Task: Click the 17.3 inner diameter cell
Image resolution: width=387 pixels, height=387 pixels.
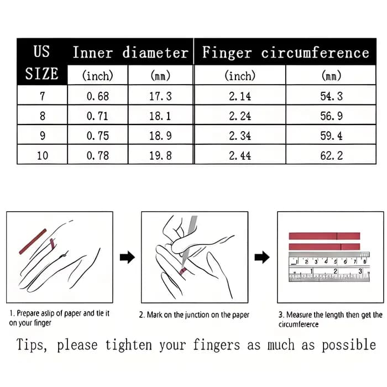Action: (x=160, y=96)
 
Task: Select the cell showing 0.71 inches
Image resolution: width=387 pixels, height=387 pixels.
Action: (x=98, y=116)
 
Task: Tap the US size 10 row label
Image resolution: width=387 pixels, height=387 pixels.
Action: (x=42, y=155)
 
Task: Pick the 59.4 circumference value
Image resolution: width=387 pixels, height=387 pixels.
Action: (x=331, y=136)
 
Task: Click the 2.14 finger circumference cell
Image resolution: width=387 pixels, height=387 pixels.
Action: (x=240, y=96)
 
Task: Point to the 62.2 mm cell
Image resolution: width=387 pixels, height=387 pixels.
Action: (x=331, y=155)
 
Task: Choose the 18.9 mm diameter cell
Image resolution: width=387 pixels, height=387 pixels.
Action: (x=160, y=136)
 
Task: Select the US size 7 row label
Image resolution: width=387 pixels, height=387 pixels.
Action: (x=42, y=96)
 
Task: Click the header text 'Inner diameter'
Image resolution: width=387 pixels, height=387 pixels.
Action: (x=130, y=53)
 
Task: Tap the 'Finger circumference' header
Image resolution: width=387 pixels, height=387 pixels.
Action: (x=286, y=53)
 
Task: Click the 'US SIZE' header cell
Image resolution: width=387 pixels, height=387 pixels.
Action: (x=41, y=62)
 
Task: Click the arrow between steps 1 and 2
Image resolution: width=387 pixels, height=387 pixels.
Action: (x=127, y=257)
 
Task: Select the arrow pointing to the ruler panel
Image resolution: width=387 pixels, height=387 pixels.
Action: (x=262, y=257)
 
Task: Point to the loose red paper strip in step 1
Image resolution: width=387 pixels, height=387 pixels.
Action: (x=33, y=242)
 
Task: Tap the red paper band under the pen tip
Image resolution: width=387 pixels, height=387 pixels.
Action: (x=182, y=271)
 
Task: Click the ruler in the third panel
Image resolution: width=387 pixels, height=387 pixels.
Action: (x=330, y=267)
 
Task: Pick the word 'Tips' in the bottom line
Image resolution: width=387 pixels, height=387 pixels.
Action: (x=31, y=345)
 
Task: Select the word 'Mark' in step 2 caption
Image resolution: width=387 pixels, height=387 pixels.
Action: (x=155, y=315)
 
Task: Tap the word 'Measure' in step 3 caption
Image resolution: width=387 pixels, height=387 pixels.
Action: (x=299, y=315)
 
